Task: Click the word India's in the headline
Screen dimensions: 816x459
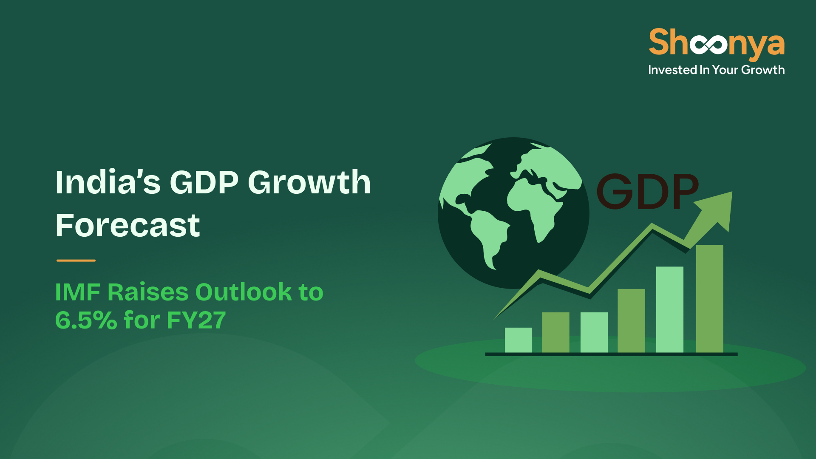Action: point(108,182)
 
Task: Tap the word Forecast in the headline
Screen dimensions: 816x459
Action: point(127,225)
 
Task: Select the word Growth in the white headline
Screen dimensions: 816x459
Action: point(309,182)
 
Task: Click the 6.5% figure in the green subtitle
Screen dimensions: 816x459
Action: point(86,320)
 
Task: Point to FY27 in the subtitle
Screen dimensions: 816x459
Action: point(196,320)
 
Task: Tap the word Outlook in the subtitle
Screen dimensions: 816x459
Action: point(243,292)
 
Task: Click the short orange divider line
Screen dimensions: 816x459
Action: point(76,261)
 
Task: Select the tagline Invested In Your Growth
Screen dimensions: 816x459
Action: point(716,70)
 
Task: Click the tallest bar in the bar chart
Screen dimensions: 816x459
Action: point(709,299)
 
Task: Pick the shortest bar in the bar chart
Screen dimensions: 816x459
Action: point(518,340)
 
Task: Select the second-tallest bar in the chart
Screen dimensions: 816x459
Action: point(670,310)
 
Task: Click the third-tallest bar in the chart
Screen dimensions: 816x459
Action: point(631,321)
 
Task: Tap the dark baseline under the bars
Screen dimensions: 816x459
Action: point(611,354)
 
